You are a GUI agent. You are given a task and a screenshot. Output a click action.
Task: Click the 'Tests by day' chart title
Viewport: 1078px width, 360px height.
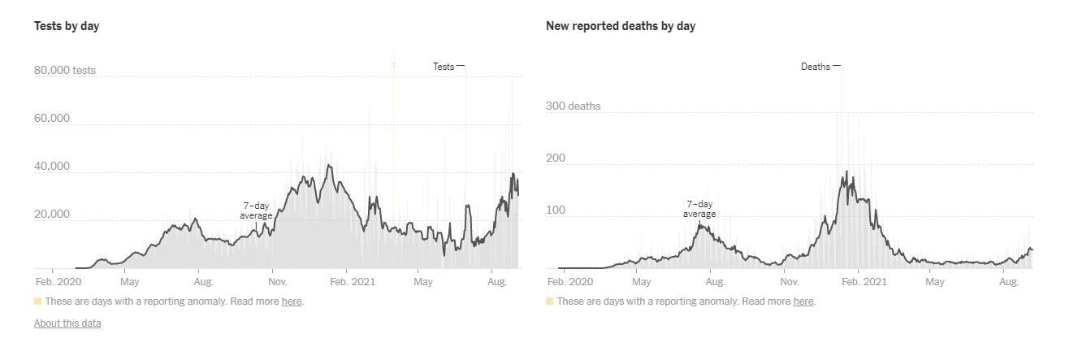click(67, 26)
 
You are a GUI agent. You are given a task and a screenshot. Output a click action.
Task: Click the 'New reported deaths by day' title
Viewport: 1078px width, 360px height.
click(620, 26)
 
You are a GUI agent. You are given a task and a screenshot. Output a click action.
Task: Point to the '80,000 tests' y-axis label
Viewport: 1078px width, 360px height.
click(64, 71)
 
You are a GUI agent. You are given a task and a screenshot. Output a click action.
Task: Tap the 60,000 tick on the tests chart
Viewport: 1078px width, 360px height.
click(52, 119)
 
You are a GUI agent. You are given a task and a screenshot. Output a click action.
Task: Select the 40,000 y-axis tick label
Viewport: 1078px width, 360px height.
click(52, 167)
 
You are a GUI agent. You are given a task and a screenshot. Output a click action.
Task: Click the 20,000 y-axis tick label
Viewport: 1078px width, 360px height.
click(52, 215)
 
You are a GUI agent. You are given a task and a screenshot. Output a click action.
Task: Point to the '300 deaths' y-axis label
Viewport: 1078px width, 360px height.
click(573, 106)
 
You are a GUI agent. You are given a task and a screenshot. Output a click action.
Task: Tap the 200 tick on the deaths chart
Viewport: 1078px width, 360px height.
click(555, 158)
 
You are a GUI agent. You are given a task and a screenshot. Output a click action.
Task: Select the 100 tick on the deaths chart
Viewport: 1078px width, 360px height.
click(555, 210)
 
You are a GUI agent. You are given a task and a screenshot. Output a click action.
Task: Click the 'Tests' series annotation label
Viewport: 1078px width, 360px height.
click(444, 67)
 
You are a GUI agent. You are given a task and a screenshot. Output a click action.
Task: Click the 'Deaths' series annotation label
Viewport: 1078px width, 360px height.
click(816, 67)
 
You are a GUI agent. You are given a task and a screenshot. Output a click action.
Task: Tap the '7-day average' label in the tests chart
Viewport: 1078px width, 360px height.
click(256, 210)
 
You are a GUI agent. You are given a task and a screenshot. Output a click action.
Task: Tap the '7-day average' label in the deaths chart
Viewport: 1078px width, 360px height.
click(699, 209)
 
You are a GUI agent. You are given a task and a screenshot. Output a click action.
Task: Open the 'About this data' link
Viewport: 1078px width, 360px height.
click(67, 323)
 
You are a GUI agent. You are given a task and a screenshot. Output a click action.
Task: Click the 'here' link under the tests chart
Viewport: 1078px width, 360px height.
click(292, 301)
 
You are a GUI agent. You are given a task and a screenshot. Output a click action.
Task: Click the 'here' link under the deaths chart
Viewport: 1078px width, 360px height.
click(803, 301)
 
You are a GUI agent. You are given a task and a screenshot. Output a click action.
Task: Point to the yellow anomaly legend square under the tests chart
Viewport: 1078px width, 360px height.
click(38, 301)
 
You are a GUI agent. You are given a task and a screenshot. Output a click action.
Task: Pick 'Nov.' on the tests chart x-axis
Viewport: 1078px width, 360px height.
click(277, 282)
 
